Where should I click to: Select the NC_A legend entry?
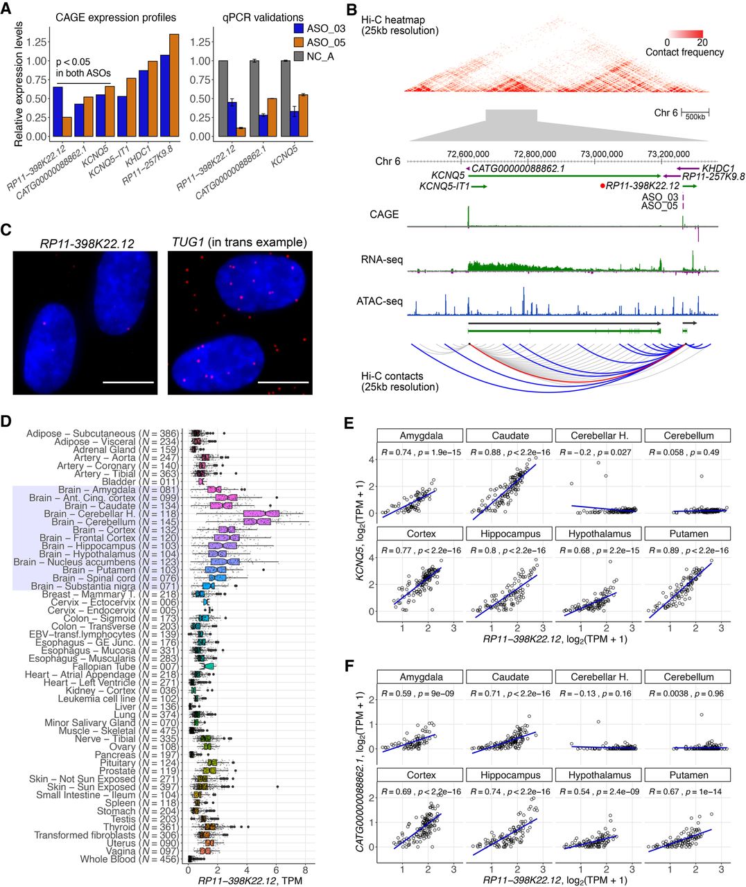click(327, 56)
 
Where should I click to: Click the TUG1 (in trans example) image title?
click(238, 242)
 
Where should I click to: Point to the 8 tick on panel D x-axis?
click(305, 870)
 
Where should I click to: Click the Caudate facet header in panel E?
click(510, 436)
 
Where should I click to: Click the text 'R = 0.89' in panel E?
click(664, 550)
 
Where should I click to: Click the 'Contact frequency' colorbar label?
click(684, 52)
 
